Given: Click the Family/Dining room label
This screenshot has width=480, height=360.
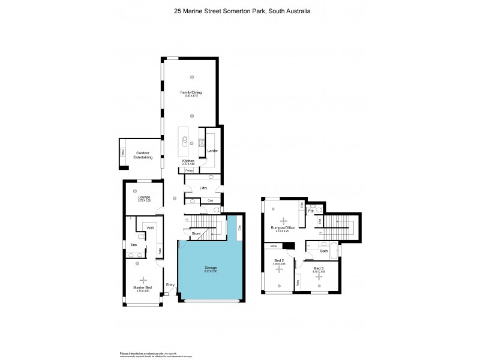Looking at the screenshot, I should pos(191,92).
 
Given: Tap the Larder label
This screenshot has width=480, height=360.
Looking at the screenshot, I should pos(212,151).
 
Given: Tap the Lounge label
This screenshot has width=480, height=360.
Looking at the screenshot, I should pos(143,197).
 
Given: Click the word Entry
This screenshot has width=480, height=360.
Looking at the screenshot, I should pos(170,285).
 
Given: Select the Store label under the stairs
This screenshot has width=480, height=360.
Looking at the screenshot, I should pos(196,233).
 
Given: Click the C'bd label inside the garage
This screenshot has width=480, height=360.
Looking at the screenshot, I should pos(239,227).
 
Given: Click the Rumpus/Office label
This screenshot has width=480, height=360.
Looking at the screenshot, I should pos(281,227).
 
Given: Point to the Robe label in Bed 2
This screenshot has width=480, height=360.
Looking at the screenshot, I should pos(273,246).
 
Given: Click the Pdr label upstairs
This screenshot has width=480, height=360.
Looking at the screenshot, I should pos(311,211).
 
